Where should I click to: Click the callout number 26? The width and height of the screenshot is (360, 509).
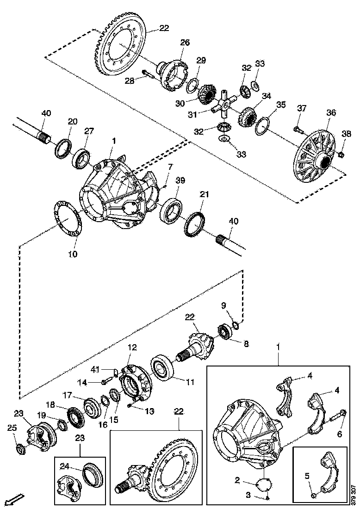click(185, 43)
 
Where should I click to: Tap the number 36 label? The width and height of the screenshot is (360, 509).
click(331, 112)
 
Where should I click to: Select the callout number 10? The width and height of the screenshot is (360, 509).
click(73, 254)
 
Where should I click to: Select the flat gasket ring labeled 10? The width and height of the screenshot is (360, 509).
click(68, 218)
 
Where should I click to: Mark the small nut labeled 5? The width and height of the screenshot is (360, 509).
click(314, 495)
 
